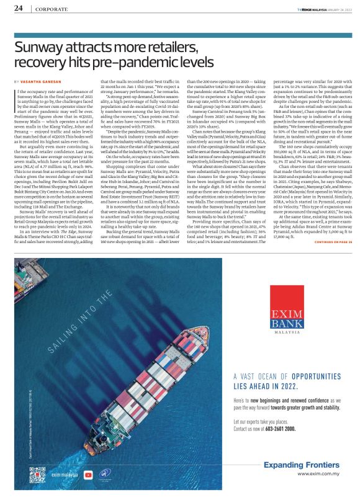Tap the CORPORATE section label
[x=52, y=9]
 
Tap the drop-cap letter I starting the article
[x=16, y=94]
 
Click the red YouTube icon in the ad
[x=89, y=474]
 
